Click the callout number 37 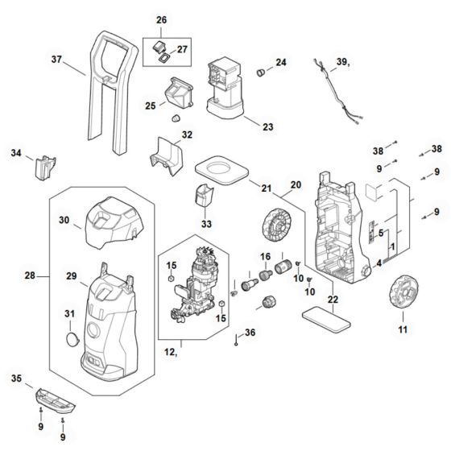pyautogui.click(x=56, y=60)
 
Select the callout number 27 pyautogui.click(x=182, y=49)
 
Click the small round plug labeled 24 pyautogui.click(x=261, y=72)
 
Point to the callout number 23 pyautogui.click(x=268, y=127)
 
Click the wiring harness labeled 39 pyautogui.click(x=337, y=89)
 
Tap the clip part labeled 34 pyautogui.click(x=45, y=168)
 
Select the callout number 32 pyautogui.click(x=187, y=134)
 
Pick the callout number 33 pyautogui.click(x=206, y=224)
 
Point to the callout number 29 pyautogui.click(x=72, y=276)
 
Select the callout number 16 pyautogui.click(x=266, y=257)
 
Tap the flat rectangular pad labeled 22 pyautogui.click(x=326, y=320)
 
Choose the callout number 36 pyautogui.click(x=250, y=333)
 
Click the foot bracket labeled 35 pyautogui.click(x=56, y=401)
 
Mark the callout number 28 pyautogui.click(x=30, y=275)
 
